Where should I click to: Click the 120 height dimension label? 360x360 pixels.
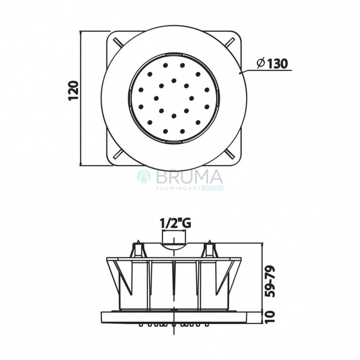73,90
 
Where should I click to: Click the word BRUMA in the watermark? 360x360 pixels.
189,177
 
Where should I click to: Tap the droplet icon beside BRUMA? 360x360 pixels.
144,176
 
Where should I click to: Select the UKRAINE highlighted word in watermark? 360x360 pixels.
212,188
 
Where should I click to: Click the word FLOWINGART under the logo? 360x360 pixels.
179,188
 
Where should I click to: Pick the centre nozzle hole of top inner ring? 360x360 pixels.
174,81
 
